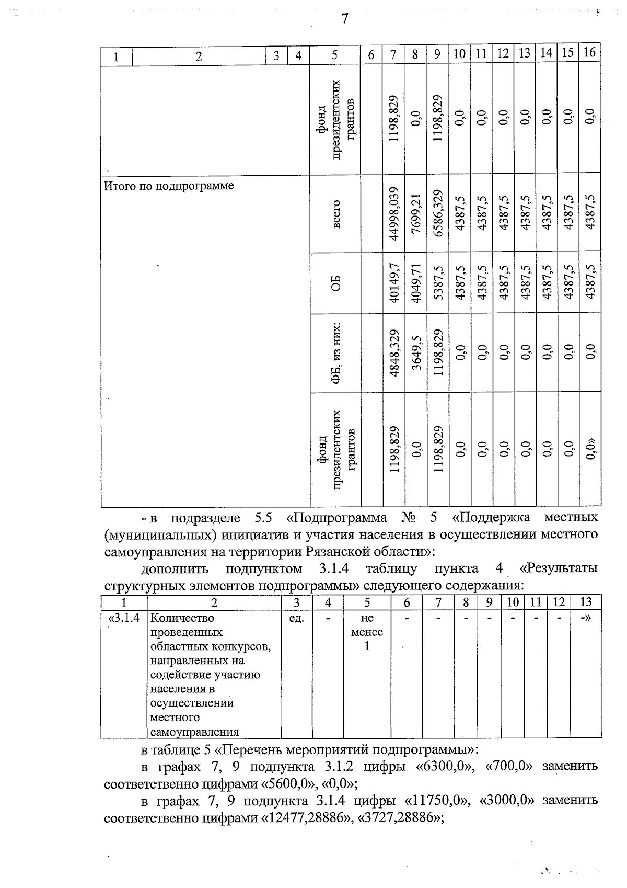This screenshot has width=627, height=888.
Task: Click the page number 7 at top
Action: tap(344, 19)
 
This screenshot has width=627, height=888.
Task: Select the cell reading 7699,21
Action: tap(416, 213)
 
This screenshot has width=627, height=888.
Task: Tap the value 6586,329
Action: tap(438, 213)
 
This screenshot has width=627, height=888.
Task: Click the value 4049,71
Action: tap(416, 283)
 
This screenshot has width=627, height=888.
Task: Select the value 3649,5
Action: tap(416, 353)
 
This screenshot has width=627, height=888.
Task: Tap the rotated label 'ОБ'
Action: tap(336, 283)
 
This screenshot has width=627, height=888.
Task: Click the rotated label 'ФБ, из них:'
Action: tap(336, 353)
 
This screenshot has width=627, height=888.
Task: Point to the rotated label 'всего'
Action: tap(336, 213)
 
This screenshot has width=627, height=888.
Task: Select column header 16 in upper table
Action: tap(589, 52)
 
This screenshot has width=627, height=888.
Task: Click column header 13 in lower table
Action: tap(586, 602)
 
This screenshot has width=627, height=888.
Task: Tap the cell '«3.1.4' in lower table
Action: tap(124, 618)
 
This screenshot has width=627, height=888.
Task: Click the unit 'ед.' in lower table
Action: tap(296, 618)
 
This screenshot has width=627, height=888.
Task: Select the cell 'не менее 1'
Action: tap(367, 632)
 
